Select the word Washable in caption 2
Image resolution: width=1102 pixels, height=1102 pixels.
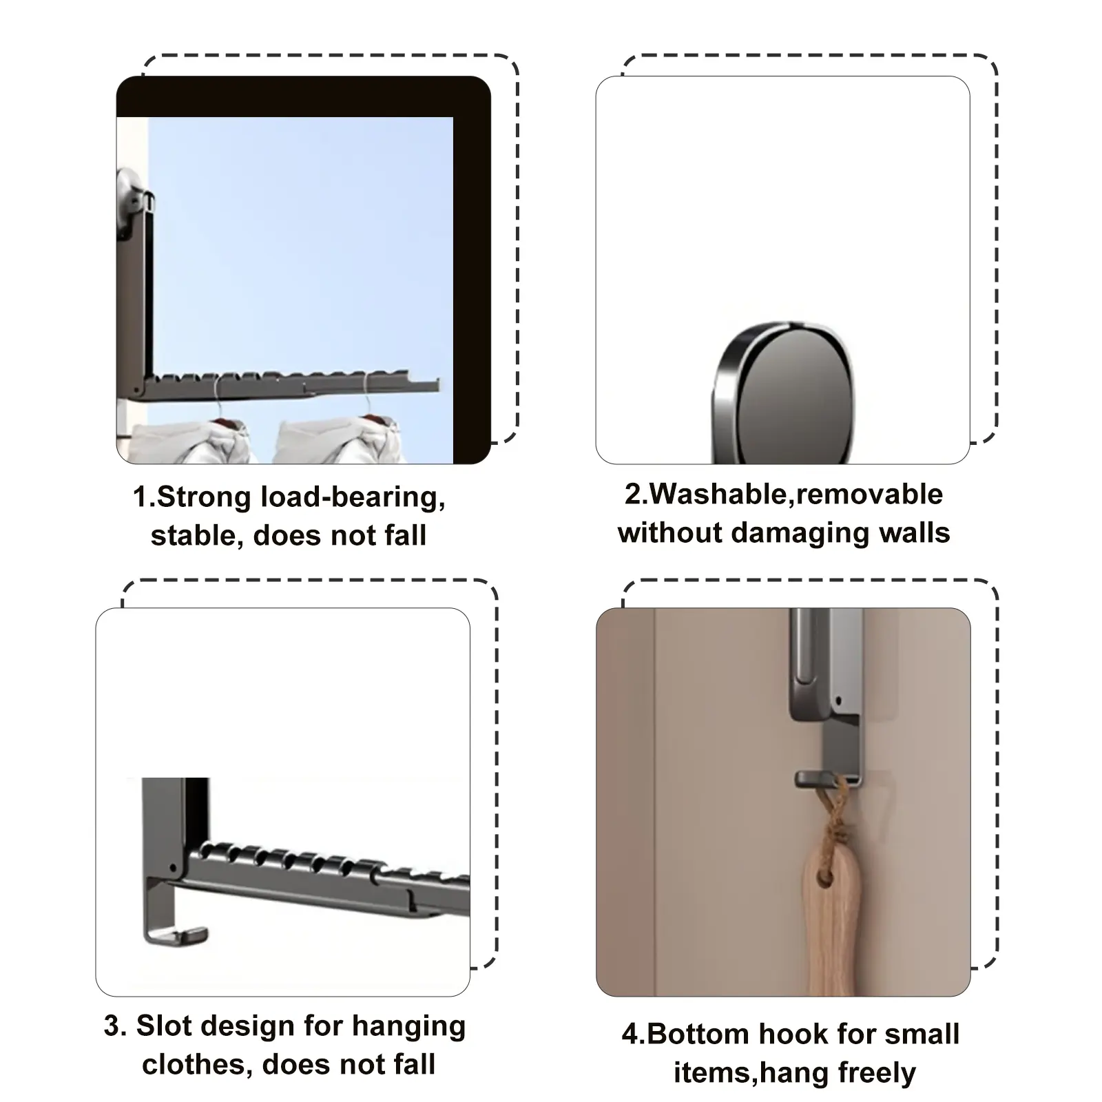click(x=719, y=494)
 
